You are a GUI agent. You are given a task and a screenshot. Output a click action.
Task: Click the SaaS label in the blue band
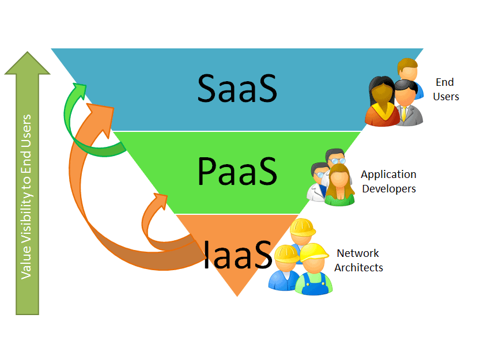[x=237, y=88]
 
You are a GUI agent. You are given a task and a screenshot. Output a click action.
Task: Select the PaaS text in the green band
[x=237, y=171]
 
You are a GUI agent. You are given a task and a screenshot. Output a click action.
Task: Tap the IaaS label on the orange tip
[x=237, y=254]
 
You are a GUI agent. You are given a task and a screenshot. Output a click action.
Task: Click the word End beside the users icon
[x=444, y=82]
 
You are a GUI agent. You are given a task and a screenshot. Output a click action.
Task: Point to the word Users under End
[x=446, y=97]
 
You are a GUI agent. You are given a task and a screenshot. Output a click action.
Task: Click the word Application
[x=388, y=175]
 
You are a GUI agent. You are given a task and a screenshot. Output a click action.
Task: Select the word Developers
[x=388, y=189]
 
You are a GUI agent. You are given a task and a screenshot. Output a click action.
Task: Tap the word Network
[x=358, y=253]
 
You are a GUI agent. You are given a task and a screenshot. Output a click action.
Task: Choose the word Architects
[x=358, y=267]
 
